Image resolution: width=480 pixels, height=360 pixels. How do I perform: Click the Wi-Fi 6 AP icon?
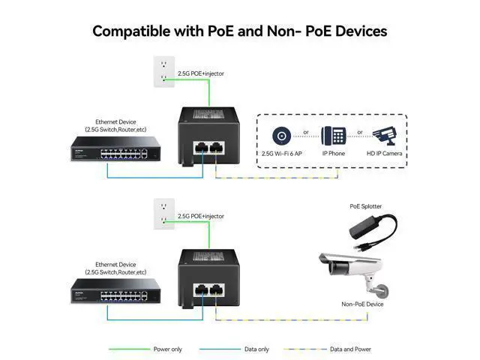283,136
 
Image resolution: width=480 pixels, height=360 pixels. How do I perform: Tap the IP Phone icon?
334,136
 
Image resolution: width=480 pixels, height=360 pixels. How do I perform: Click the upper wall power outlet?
163,70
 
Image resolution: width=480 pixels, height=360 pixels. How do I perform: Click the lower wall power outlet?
163,213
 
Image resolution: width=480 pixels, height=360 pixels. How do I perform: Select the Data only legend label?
256,349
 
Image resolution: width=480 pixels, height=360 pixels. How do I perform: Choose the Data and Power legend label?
351,349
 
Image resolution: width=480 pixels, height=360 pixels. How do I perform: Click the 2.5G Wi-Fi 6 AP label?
283,153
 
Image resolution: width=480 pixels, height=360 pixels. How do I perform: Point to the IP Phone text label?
333,153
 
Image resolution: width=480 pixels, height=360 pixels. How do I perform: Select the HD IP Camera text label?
384,153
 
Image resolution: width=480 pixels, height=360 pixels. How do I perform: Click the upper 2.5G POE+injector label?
200,73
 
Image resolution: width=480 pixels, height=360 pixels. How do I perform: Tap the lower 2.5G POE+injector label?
200,216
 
